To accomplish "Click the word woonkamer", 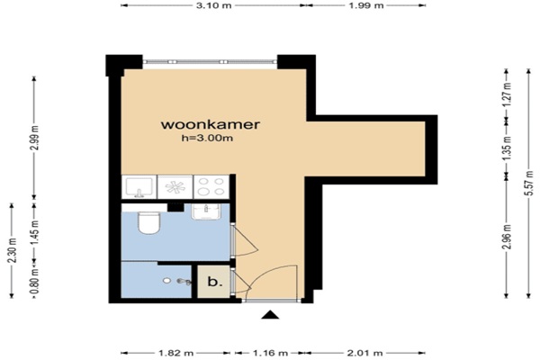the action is [210, 124].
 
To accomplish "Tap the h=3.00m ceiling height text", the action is [207, 138].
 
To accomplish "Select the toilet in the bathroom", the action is [149, 222].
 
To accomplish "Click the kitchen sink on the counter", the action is [139, 187].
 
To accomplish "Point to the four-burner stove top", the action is [211, 186].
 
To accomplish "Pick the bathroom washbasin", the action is [206, 211].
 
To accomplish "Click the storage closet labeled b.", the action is [213, 282].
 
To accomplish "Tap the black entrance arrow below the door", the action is [270, 315].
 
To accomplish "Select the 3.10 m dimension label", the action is [213, 5].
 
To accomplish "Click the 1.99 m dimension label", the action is [366, 5].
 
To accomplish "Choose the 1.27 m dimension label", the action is [507, 94].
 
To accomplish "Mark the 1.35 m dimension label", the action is [507, 148].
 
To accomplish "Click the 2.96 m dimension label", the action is [507, 237].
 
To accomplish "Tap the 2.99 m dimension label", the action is [34, 139].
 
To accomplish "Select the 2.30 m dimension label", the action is [12, 250].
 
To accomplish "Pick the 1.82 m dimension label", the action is [176, 353].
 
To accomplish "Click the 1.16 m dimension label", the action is [270, 353].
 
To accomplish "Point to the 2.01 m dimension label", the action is [365, 353].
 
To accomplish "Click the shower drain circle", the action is [167, 281].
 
